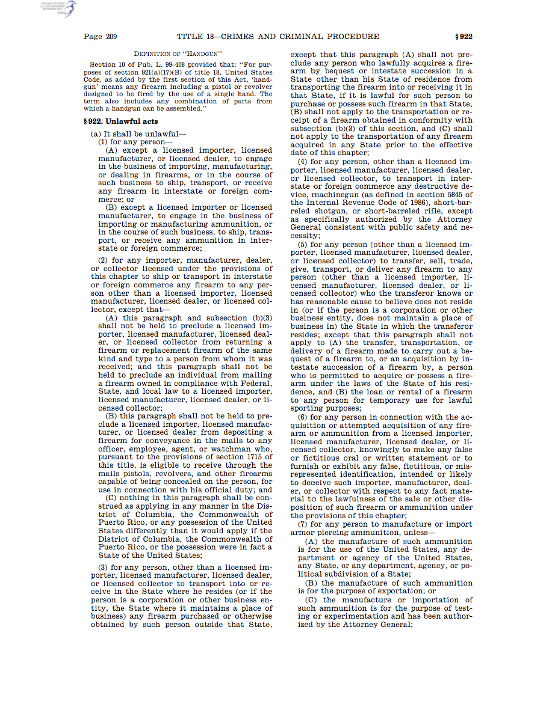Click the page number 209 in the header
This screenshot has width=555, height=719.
point(111,37)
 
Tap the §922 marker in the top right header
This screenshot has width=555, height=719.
point(463,37)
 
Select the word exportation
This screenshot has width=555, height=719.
point(398,591)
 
